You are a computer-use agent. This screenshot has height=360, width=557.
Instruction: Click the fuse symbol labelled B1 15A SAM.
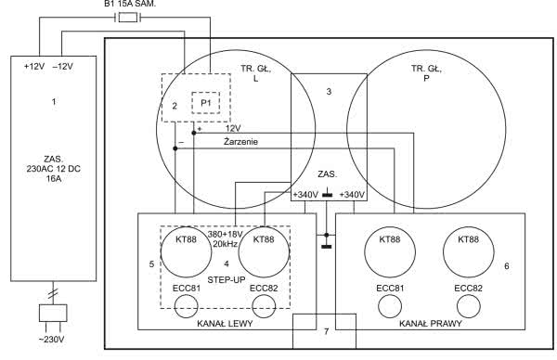[x=127, y=17]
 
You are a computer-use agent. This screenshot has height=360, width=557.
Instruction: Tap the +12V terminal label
[x=34, y=67]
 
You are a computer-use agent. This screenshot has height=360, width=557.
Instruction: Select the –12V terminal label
[x=63, y=67]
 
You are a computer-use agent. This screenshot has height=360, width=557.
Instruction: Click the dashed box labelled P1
[x=206, y=103]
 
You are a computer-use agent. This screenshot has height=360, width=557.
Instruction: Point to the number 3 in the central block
[x=329, y=92]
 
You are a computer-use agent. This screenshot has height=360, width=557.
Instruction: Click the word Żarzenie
[x=240, y=142]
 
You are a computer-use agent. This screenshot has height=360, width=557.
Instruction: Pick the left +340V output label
[x=305, y=195]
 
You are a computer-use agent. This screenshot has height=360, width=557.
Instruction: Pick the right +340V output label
[x=352, y=195]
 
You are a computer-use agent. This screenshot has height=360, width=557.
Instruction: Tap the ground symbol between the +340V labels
[x=327, y=195]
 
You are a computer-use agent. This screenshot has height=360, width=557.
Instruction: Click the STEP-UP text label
[x=227, y=280]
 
